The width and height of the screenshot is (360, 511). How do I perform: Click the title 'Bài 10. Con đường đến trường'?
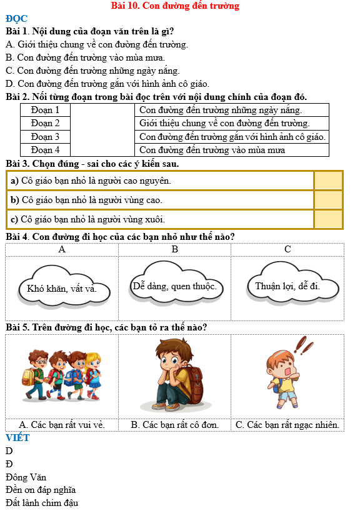coord(175,6)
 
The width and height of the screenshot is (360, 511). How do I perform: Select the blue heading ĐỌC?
coord(16,19)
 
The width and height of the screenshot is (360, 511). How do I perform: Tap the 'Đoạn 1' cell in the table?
coord(45,110)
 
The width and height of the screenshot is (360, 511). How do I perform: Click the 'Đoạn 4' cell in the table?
coord(45,150)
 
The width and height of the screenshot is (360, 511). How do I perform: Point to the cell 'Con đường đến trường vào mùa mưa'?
coord(212,150)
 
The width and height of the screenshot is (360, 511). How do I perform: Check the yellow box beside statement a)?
coord(328,181)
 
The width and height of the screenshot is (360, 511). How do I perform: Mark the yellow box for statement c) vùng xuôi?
coord(328,219)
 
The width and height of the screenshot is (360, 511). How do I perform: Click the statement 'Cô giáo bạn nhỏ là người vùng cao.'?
coord(86,200)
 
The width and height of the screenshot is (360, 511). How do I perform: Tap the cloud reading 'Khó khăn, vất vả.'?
coord(62,289)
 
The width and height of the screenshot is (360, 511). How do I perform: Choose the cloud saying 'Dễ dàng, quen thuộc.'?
coord(174,286)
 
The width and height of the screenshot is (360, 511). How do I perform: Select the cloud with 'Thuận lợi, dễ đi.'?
coord(287,287)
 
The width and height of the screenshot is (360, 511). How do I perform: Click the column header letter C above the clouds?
coord(287,249)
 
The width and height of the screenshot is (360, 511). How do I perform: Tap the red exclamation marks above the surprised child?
coord(304,344)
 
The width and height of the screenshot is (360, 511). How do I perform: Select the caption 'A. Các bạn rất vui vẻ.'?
coord(62,425)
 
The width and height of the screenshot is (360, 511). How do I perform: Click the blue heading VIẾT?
coord(17,438)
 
